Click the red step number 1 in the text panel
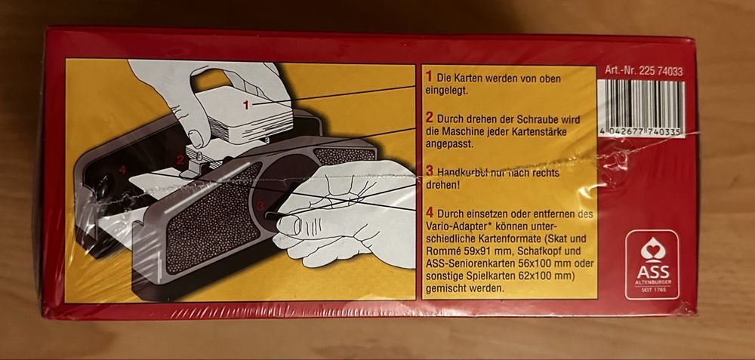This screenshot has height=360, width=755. tap(429, 77)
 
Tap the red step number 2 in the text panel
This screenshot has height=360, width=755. tap(429, 118)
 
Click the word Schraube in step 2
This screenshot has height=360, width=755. tap(547, 119)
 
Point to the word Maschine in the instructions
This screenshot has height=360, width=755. tap(458, 131)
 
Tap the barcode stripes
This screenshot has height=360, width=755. tap(641, 103)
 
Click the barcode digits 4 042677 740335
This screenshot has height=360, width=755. tap(640, 132)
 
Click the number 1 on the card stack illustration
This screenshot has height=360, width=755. tap(246, 105)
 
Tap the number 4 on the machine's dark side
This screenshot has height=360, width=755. tap(122, 169)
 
